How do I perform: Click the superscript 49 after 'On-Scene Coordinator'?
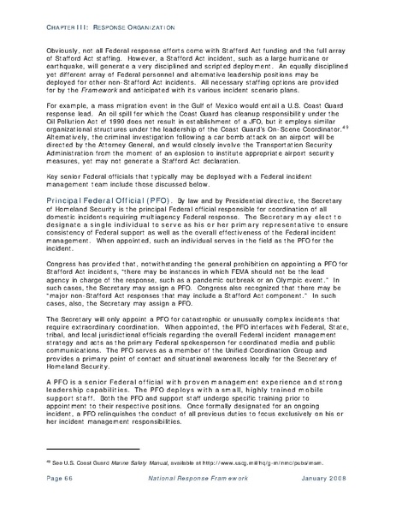pyautogui.click(x=352, y=149)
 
